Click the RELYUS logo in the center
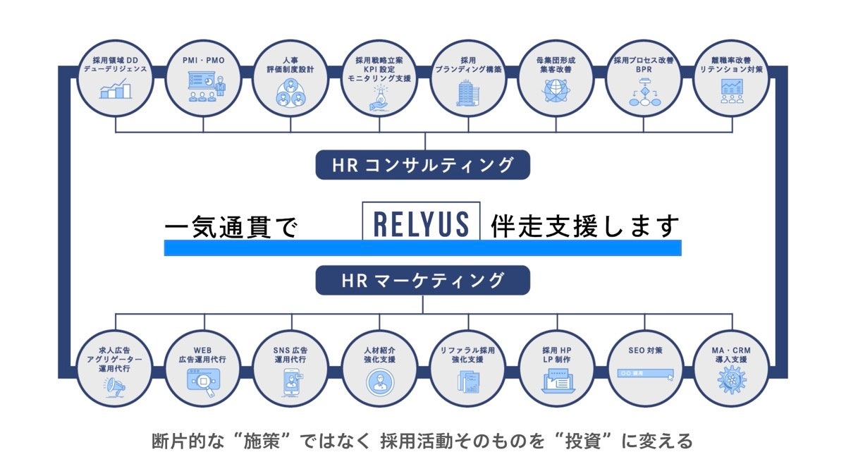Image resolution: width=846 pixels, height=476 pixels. tap(421, 223)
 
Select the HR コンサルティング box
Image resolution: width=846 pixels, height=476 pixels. tap(422, 166)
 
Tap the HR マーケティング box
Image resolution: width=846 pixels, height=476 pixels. tap(422, 281)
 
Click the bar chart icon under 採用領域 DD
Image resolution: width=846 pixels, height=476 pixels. tap(115, 90)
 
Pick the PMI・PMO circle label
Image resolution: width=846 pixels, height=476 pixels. tap(203, 61)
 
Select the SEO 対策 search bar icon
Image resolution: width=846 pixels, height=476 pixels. tap(642, 374)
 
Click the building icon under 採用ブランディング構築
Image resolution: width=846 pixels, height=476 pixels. tap(467, 92)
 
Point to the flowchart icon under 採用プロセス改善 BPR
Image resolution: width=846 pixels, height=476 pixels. tap(642, 94)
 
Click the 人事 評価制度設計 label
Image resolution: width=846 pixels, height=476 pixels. tap(291, 66)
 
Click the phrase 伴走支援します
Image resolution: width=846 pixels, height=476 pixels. tap(585, 226)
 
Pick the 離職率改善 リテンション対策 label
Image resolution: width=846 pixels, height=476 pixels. tap(730, 66)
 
